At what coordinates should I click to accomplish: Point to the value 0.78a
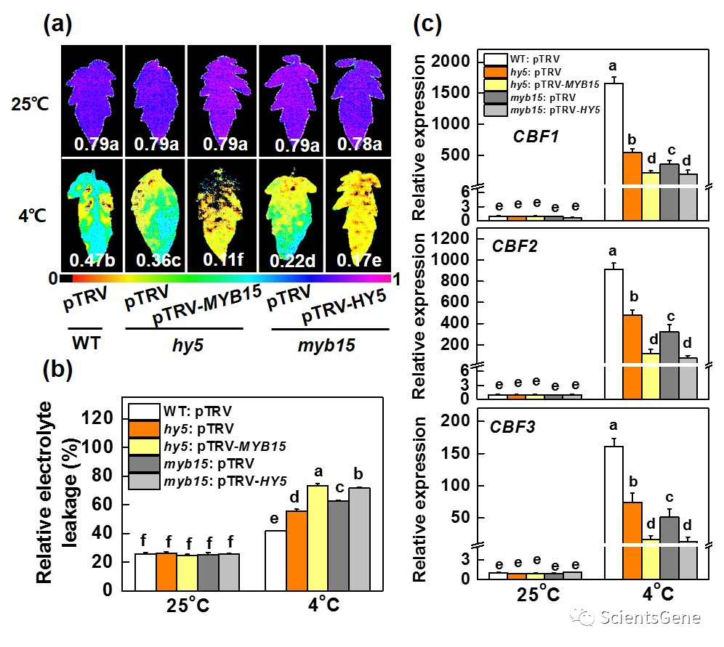pyautogui.click(x=360, y=145)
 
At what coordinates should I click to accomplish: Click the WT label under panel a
pyautogui.click(x=89, y=344)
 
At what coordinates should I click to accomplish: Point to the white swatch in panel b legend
pyautogui.click(x=142, y=412)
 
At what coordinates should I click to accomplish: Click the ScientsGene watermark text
pyautogui.click(x=651, y=618)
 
